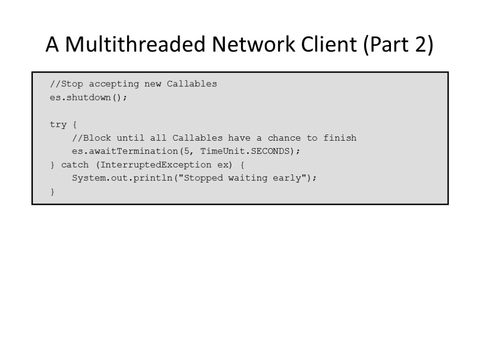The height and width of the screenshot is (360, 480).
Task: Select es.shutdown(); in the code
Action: [x=89, y=98]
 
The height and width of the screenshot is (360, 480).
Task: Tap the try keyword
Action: [x=58, y=125]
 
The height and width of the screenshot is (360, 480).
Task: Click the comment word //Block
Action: [x=91, y=138]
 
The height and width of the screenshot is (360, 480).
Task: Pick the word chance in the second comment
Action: [x=285, y=138]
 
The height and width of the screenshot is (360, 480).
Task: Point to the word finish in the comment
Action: [x=340, y=138]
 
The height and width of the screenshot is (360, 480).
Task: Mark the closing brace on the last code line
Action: [x=52, y=192]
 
